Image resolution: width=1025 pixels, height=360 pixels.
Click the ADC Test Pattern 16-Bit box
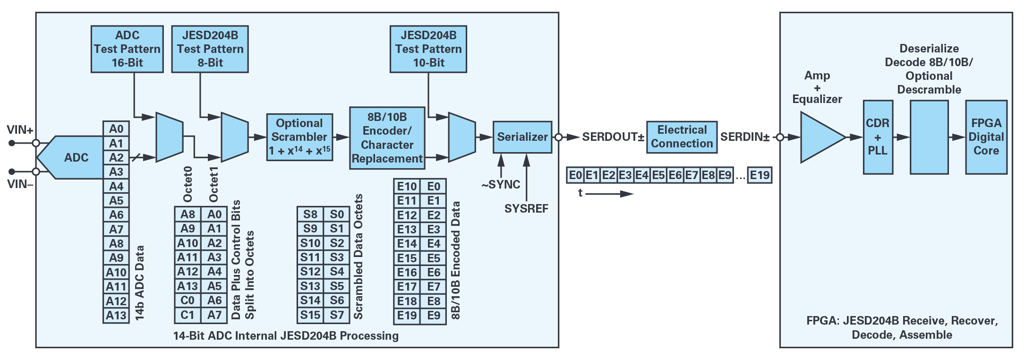pyautogui.click(x=127, y=49)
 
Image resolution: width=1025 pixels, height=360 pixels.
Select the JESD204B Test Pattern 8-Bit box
pyautogui.click(x=210, y=49)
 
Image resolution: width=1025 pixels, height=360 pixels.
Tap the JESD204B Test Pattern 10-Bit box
pyautogui.click(x=428, y=49)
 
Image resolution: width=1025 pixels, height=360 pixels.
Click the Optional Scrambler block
pyautogui.click(x=299, y=137)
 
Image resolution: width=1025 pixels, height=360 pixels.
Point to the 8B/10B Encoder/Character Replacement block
pyautogui.click(x=387, y=138)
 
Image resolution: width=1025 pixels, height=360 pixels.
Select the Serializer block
pyautogui.click(x=522, y=137)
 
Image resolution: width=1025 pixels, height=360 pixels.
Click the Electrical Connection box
pyautogui.click(x=682, y=137)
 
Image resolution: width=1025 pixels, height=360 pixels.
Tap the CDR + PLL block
pyautogui.click(x=878, y=137)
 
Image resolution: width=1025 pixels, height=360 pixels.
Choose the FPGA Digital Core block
pyautogui.click(x=986, y=137)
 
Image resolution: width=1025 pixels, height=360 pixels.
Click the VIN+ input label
pyautogui.click(x=20, y=130)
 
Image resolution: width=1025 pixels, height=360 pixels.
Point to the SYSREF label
pyautogui.click(x=526, y=209)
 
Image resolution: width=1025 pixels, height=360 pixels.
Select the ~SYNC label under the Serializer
pyautogui.click(x=501, y=185)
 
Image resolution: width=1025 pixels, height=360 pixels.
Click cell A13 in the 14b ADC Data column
pyautogui.click(x=116, y=316)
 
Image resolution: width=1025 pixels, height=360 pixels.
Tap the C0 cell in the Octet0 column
pyautogui.click(x=188, y=300)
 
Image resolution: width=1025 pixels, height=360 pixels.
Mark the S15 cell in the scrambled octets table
pyautogui.click(x=310, y=315)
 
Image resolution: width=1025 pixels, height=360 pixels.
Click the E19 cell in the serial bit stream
pyautogui.click(x=760, y=175)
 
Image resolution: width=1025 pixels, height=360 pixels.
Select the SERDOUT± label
pyautogui.click(x=613, y=137)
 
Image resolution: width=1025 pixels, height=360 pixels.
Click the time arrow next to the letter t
pyautogui.click(x=609, y=194)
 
